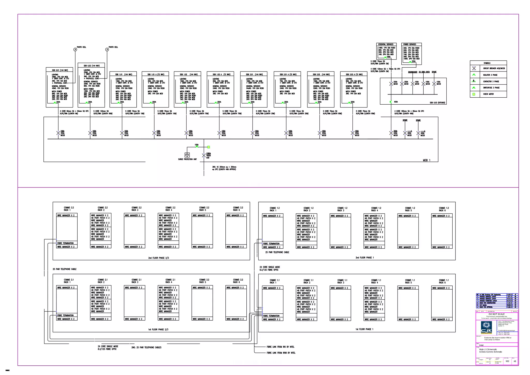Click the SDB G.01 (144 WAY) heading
click(x=60, y=70)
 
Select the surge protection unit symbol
click(x=187, y=155)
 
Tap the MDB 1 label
click(x=426, y=160)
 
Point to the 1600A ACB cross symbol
click(x=204, y=155)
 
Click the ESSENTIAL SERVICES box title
click(x=386, y=45)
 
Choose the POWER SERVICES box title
click(x=409, y=45)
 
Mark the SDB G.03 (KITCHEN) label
click(x=437, y=103)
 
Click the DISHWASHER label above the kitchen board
click(x=413, y=72)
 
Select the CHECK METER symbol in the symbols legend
click(x=474, y=94)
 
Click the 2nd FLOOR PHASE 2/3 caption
click(x=158, y=258)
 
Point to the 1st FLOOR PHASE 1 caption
click(x=364, y=329)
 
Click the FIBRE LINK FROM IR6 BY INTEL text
click(x=280, y=347)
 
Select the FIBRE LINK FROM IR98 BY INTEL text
click(x=281, y=353)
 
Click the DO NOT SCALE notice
click(x=496, y=314)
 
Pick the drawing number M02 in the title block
click(x=507, y=361)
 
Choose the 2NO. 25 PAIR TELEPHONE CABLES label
click(x=146, y=348)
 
